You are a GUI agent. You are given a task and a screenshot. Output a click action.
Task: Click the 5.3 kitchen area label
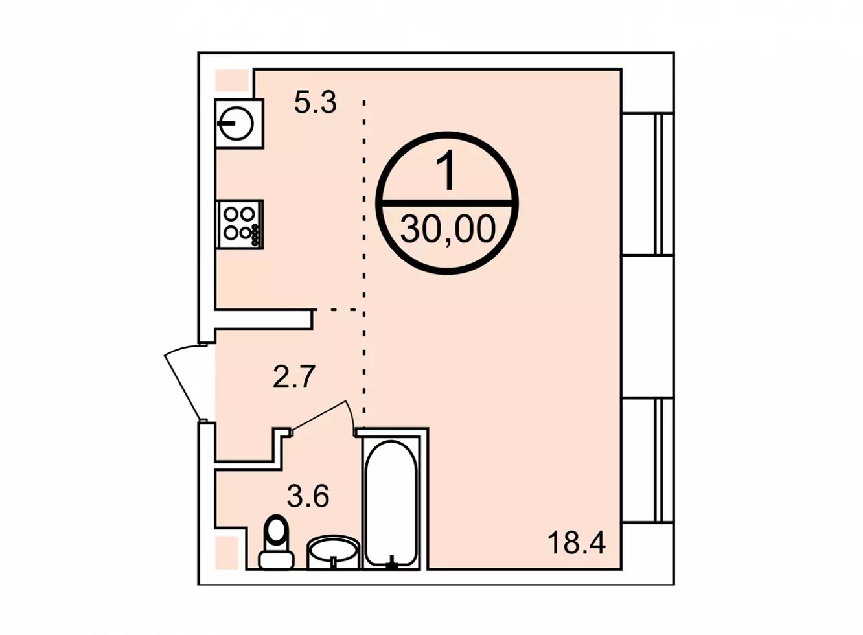[315, 103]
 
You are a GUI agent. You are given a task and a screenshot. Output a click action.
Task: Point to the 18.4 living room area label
[577, 543]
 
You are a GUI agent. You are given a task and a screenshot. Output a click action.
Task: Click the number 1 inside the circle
[448, 170]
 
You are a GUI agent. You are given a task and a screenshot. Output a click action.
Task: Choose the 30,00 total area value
[448, 229]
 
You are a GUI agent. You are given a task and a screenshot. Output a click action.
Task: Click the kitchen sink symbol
[239, 124]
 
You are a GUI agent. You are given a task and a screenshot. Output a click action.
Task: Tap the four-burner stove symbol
[240, 224]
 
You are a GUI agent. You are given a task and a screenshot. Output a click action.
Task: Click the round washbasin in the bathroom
[334, 551]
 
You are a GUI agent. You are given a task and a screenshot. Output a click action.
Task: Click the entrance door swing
[183, 384]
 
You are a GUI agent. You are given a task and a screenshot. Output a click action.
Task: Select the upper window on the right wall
[648, 184]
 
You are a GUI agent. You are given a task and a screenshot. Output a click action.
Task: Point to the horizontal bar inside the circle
[448, 203]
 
